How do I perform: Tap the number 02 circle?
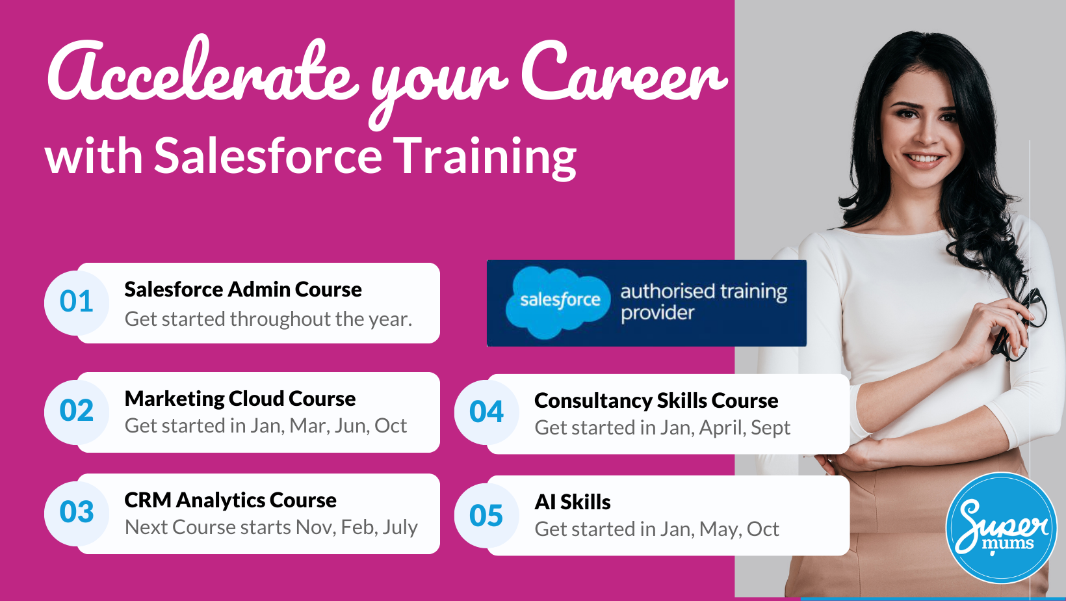76,411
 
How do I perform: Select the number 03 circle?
76,513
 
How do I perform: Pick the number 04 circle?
486,412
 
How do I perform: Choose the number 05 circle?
486,516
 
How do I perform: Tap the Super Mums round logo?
1001,528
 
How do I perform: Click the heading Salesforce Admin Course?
243,289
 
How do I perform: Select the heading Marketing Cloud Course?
240,399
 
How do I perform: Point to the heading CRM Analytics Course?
230,500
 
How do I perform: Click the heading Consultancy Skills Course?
656,401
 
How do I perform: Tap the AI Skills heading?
572,502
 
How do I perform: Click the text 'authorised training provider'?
703,302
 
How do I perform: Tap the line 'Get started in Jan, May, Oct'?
656,529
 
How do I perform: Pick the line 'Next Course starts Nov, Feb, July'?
271,527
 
